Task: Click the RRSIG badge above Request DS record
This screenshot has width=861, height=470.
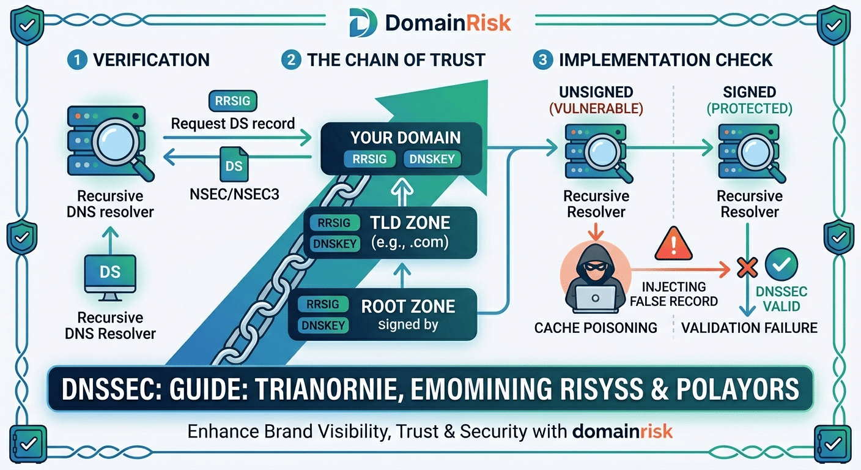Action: pos(233,101)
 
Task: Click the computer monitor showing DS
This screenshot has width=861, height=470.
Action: pos(110,275)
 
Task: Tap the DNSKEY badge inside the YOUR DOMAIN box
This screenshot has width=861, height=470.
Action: pos(432,159)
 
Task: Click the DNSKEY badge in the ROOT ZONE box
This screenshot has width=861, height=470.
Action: pos(323,326)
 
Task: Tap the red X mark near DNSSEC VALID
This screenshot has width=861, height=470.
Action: pos(746,267)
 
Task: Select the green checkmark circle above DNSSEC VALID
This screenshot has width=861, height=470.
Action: pos(782,264)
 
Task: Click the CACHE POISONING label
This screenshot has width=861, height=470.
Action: pos(596,328)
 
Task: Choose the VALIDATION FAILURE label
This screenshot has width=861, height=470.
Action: pos(749,328)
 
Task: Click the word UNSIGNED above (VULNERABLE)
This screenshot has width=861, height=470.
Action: pos(596,92)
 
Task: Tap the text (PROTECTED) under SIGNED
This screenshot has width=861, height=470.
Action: pos(749,109)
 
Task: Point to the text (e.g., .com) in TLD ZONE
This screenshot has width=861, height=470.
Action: pos(410,242)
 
